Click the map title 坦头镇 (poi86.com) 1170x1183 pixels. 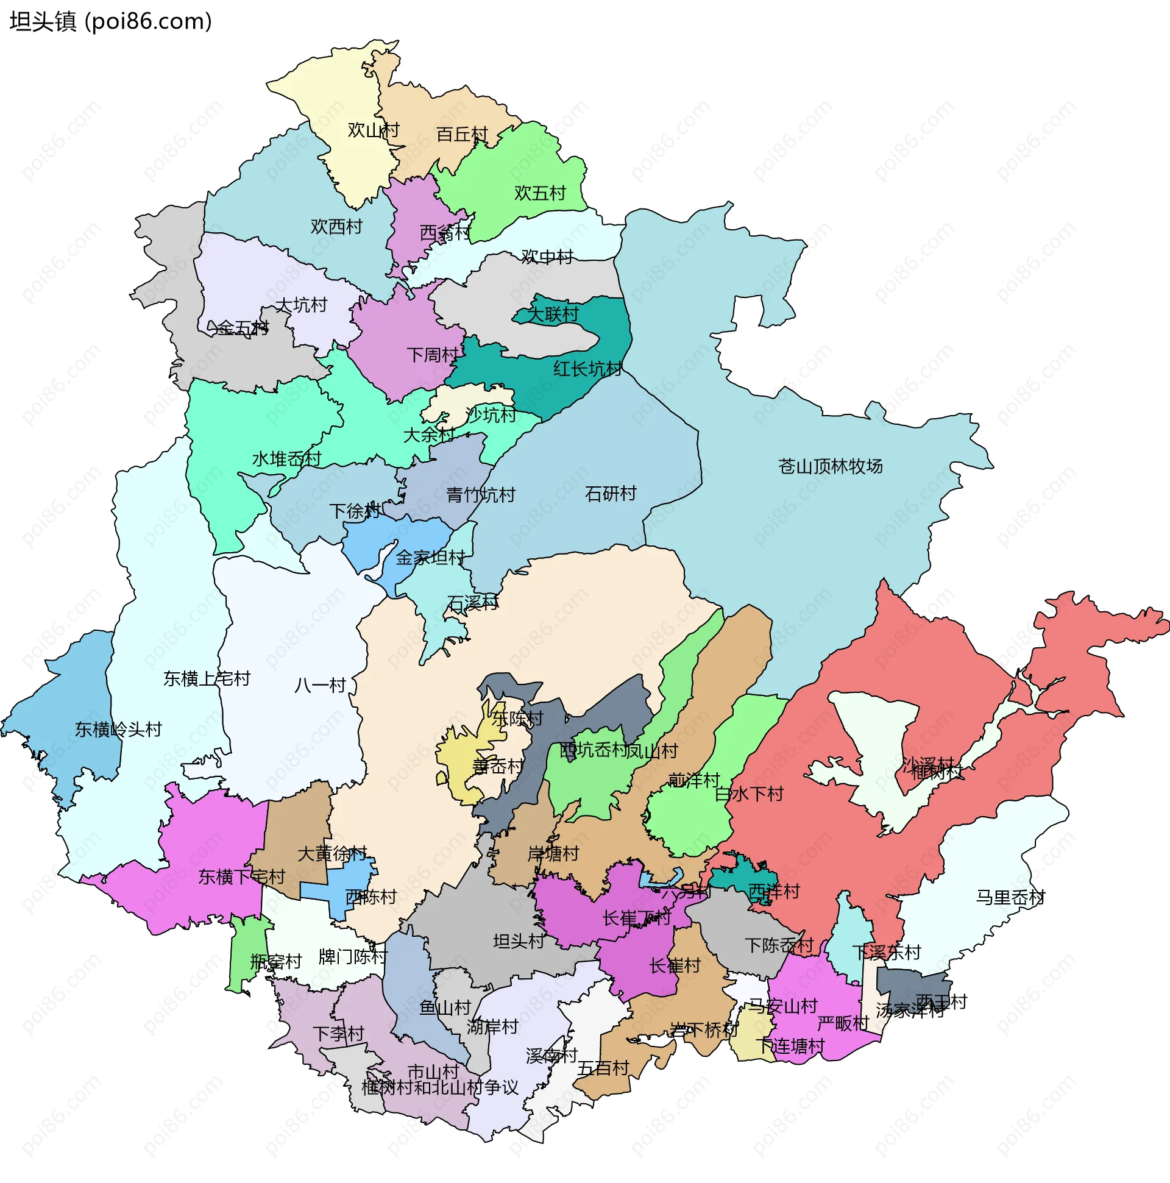[111, 21]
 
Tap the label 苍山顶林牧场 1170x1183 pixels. [830, 467]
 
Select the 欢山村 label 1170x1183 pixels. [373, 130]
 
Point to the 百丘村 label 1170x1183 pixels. [462, 134]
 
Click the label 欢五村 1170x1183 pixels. [539, 193]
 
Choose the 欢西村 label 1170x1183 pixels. [336, 227]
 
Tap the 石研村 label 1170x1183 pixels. [611, 494]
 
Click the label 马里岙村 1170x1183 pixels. [1010, 898]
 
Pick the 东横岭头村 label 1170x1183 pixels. [118, 730]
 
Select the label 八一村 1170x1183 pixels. [320, 685]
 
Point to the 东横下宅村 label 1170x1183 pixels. [241, 877]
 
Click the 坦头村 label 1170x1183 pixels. [519, 941]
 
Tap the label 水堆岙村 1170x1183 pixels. [286, 458]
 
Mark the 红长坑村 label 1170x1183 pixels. [587, 369]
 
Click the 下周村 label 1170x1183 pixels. [433, 355]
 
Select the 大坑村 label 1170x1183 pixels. [301, 305]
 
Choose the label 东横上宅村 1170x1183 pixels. [207, 678]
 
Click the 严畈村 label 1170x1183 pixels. [842, 1023]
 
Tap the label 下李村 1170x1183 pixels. [338, 1034]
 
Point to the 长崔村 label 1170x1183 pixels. [675, 965]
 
